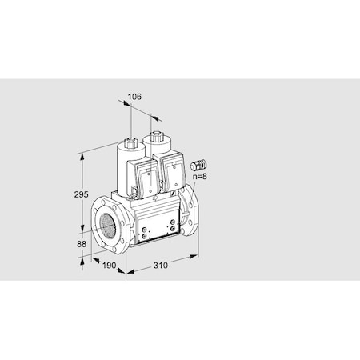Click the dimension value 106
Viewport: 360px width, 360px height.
[x=134, y=97]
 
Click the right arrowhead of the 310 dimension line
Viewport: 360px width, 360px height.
[x=198, y=257]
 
